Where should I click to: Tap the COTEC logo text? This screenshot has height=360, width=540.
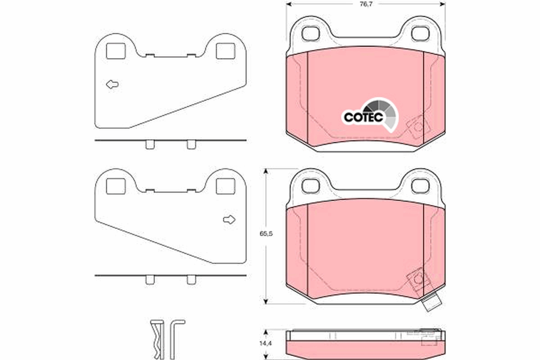(x=363, y=117)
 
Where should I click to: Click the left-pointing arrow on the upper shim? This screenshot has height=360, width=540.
(x=112, y=84)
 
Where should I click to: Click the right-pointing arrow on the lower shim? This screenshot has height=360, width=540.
(x=229, y=220)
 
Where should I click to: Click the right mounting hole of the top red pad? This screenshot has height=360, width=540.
(x=420, y=33)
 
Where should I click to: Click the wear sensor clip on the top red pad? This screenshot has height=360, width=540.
(x=417, y=127)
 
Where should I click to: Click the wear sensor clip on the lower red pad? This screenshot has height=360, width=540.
(x=417, y=279)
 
